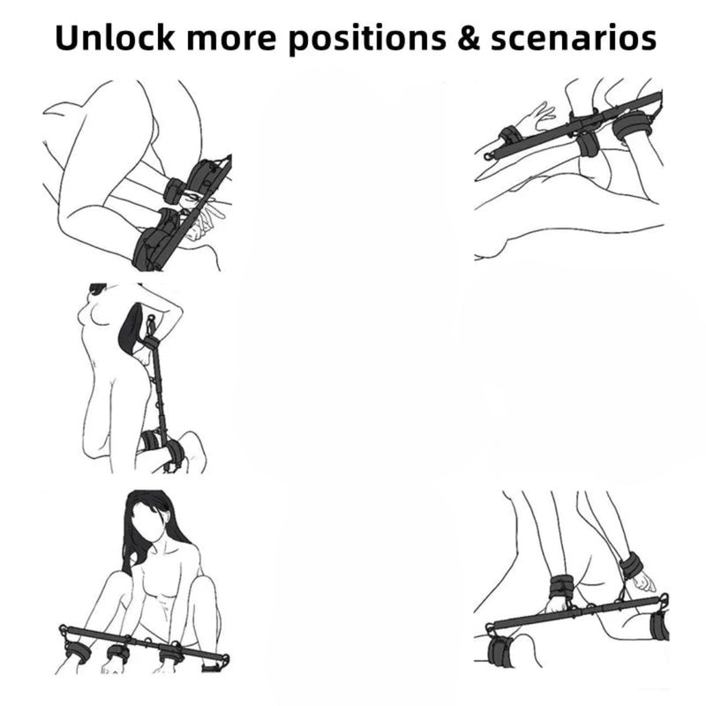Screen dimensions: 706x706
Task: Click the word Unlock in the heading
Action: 115,38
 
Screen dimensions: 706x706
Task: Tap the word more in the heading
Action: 231,41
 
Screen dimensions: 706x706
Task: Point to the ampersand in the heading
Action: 469,39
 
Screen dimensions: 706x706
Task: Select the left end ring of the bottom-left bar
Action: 64,629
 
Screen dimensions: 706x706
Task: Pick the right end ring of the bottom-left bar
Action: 224,660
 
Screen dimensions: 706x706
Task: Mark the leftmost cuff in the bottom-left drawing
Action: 77,650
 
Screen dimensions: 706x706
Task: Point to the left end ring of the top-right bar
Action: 489,156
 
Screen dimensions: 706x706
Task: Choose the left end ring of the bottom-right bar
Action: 490,627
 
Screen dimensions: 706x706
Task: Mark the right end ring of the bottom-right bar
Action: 664,598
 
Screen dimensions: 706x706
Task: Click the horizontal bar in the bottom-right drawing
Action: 577,612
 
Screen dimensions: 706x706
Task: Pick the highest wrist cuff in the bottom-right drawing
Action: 634,566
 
